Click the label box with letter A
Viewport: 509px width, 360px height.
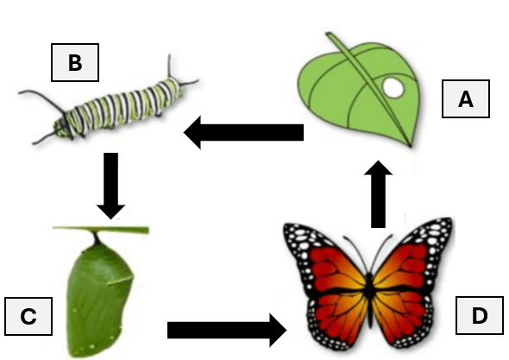pyautogui.click(x=466, y=98)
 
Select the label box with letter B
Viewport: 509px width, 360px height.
pyautogui.click(x=75, y=62)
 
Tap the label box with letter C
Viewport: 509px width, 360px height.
pyautogui.click(x=28, y=316)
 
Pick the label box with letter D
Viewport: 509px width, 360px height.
pyautogui.click(x=480, y=315)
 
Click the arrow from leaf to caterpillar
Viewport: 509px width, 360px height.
pyautogui.click(x=243, y=133)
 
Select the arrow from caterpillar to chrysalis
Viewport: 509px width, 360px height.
pyautogui.click(x=110, y=186)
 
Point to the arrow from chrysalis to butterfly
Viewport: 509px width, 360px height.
pyautogui.click(x=227, y=330)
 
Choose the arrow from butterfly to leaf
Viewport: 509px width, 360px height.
pyautogui.click(x=378, y=194)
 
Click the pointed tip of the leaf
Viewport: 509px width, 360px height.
pyautogui.click(x=411, y=147)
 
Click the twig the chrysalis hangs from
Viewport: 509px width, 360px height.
pyautogui.click(x=101, y=230)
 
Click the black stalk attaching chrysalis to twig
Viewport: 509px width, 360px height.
pyautogui.click(x=96, y=239)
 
